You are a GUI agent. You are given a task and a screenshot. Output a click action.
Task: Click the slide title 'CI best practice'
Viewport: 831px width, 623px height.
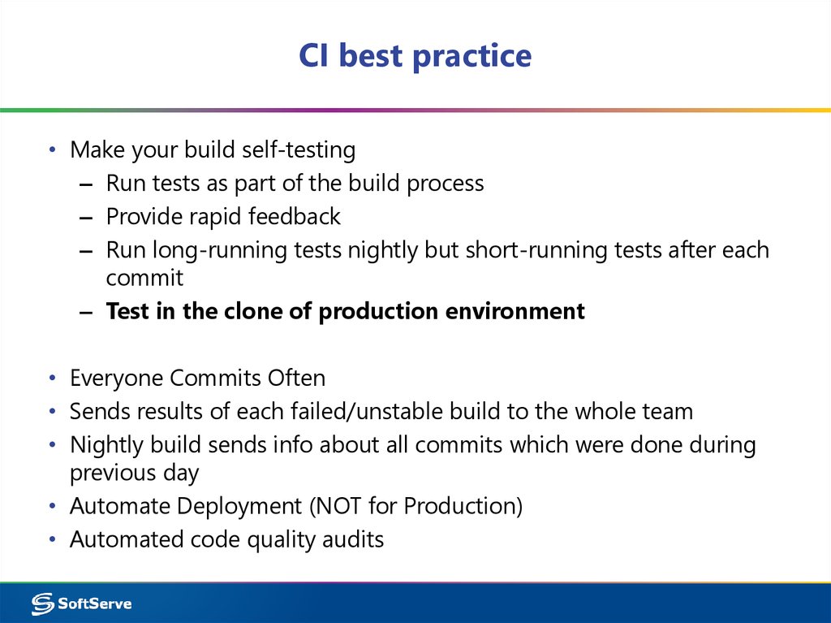click(415, 55)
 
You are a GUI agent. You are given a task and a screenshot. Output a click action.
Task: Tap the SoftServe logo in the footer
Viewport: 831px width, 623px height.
click(81, 604)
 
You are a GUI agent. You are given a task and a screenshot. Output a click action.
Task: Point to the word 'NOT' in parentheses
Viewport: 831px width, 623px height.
click(335, 506)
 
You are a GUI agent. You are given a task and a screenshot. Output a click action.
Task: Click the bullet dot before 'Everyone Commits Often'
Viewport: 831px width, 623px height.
click(52, 379)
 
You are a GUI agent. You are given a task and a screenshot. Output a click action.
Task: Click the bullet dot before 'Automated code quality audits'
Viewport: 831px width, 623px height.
click(52, 540)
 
